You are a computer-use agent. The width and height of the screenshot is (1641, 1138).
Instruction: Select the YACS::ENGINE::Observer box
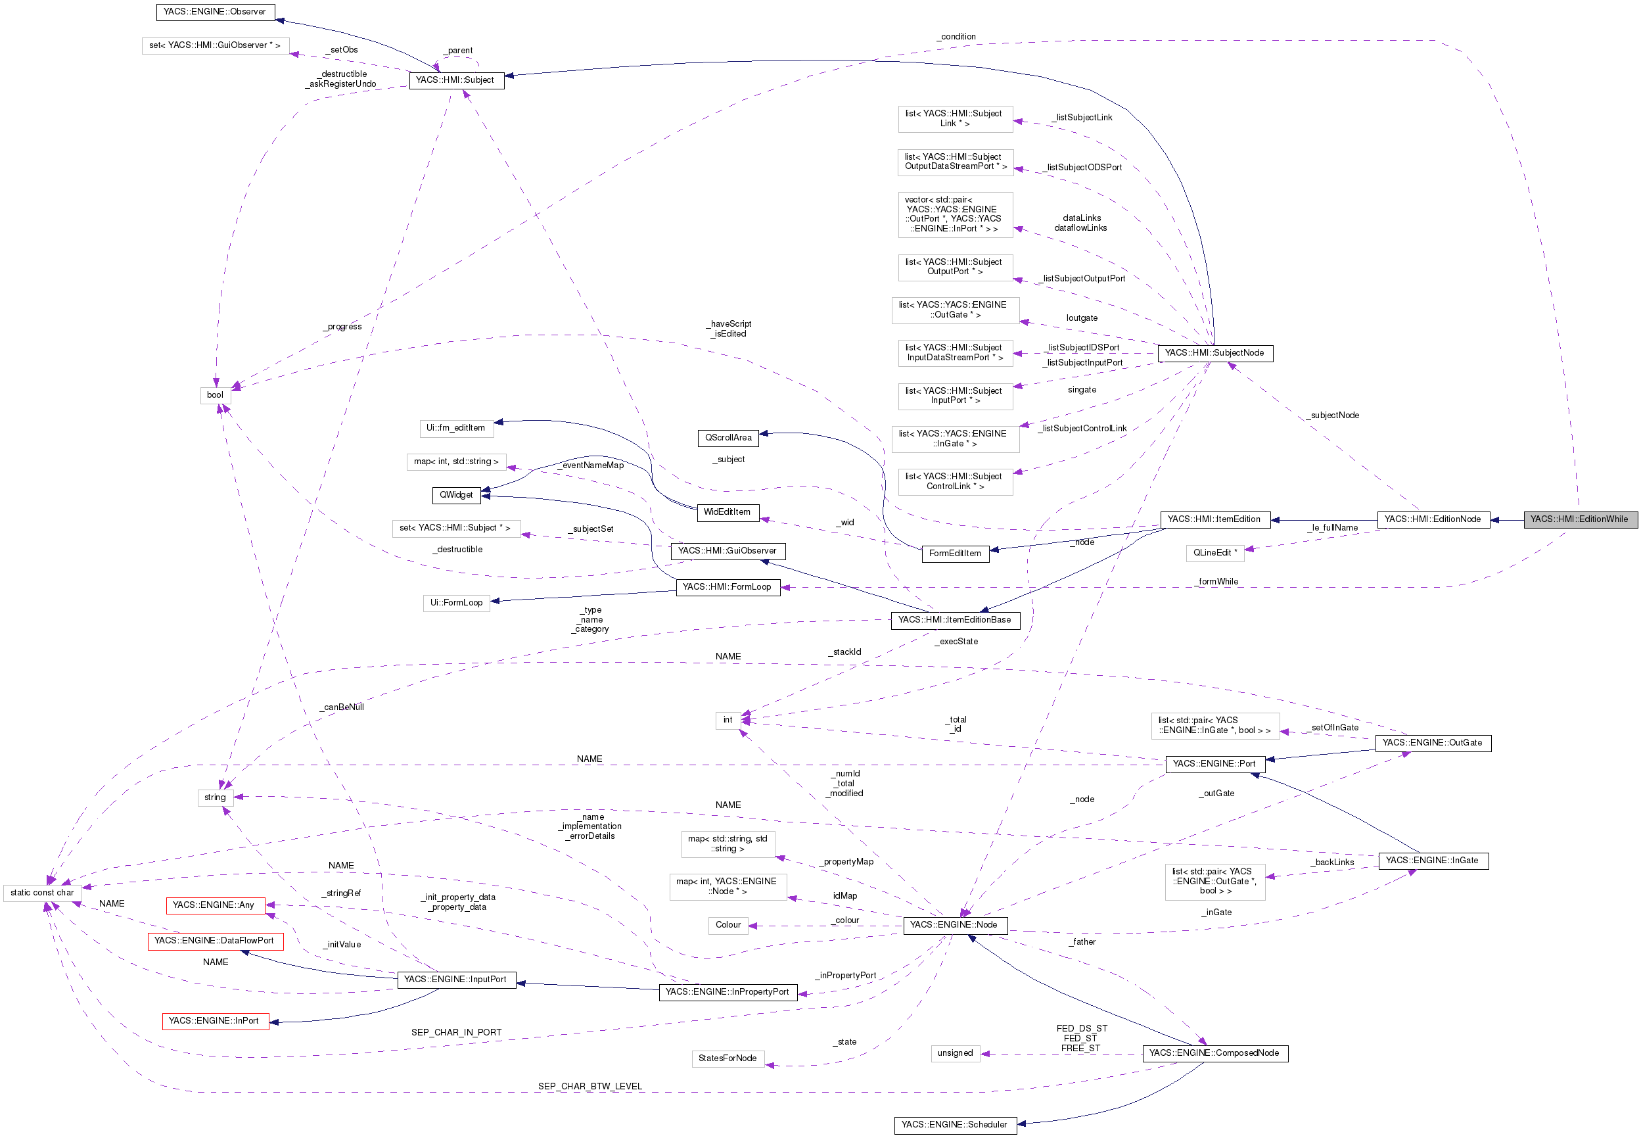click(x=214, y=12)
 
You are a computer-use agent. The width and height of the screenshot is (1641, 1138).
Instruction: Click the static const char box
click(x=42, y=893)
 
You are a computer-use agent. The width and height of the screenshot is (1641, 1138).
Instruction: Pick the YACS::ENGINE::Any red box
click(x=214, y=905)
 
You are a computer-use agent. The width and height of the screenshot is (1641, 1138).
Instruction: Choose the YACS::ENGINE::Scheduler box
click(x=954, y=1125)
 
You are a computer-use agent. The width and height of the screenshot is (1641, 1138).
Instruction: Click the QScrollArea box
click(x=728, y=438)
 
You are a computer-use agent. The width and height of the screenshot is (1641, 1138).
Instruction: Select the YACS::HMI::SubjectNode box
click(x=1214, y=353)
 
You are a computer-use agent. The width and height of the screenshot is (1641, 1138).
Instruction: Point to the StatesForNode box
click(x=727, y=1058)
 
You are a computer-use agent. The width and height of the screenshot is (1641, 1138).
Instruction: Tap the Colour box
click(x=728, y=925)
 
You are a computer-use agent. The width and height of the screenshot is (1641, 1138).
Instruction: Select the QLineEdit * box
click(x=1214, y=553)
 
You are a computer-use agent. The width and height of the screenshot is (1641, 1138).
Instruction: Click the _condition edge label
click(x=957, y=36)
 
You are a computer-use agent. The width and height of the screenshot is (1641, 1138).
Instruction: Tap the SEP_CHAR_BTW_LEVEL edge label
click(x=589, y=1087)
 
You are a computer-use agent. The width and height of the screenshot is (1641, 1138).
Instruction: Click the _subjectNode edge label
click(x=1332, y=415)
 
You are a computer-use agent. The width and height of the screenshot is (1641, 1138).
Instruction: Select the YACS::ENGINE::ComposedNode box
click(x=1214, y=1053)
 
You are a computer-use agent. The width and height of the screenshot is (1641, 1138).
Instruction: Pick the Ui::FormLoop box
click(x=456, y=604)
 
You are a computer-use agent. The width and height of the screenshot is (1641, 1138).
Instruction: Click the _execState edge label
click(x=957, y=642)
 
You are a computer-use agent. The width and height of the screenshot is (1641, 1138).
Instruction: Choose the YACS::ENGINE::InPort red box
click(x=214, y=1021)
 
